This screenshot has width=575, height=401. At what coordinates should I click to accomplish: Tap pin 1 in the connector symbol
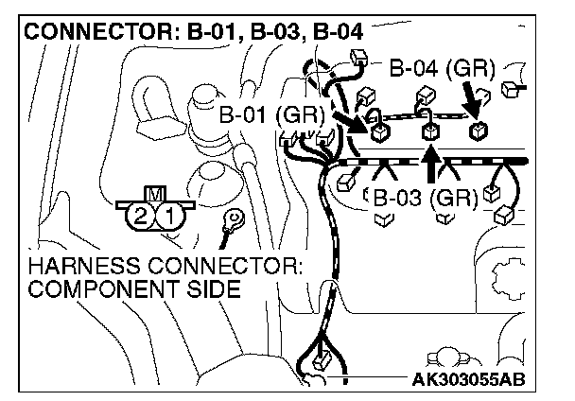tap(168, 216)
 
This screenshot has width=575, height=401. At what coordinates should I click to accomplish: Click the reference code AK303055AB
tap(468, 380)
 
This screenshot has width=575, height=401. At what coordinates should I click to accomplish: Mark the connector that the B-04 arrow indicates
tap(479, 130)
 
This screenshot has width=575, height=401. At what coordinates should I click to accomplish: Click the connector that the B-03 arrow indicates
tap(431, 131)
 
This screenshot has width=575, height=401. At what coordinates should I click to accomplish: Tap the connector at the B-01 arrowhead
tap(377, 131)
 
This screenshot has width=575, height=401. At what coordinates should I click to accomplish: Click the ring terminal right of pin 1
tap(229, 219)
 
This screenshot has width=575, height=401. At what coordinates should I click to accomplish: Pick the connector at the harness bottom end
tap(322, 360)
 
